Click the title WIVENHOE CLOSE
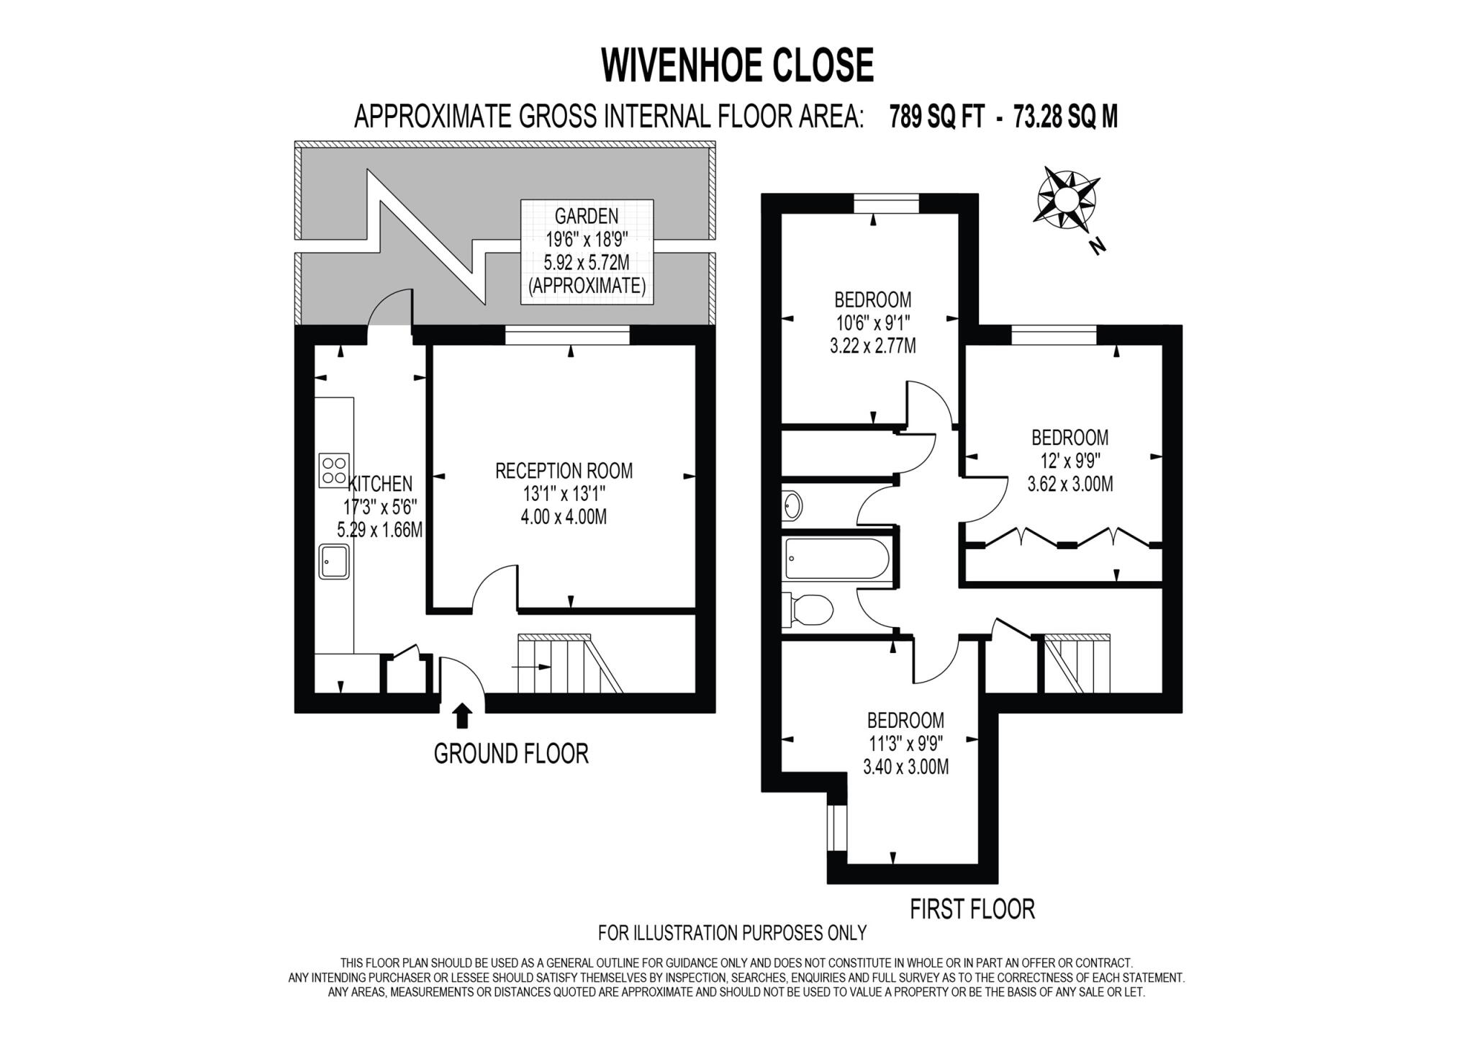[737, 66]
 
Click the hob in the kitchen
[334, 469]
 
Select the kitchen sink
[335, 561]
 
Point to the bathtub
[837, 558]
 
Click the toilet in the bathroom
[810, 609]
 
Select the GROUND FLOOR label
[511, 753]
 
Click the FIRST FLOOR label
[972, 909]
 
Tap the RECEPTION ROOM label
[564, 471]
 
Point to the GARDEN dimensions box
[587, 251]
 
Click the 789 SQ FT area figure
[936, 116]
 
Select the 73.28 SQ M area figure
[1065, 116]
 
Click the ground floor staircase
[569, 664]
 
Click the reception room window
[567, 335]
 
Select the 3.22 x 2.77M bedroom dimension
[872, 346]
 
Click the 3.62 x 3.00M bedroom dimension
[1070, 484]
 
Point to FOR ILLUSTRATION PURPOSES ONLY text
[732, 933]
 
